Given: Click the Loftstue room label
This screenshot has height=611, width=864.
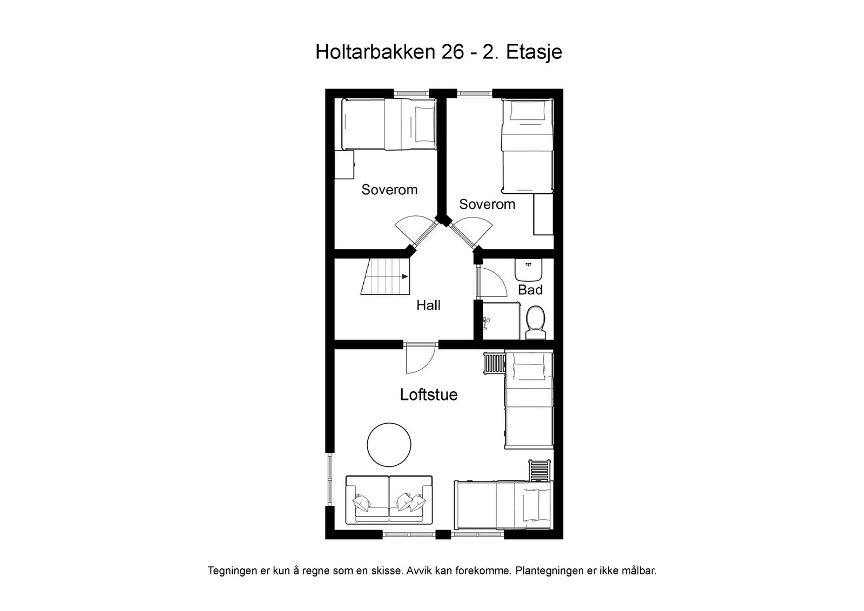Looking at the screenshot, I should click(428, 395).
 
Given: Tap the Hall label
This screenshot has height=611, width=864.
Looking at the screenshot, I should click(428, 305).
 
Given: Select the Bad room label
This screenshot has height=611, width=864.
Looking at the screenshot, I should click(530, 290).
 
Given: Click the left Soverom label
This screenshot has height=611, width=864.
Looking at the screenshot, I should click(389, 189).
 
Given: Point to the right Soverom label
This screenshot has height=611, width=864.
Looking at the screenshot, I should click(487, 204).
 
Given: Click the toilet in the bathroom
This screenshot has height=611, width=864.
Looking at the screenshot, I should click(535, 322).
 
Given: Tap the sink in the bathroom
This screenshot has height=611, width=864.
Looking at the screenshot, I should click(528, 268).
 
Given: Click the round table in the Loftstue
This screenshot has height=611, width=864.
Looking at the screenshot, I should click(389, 444).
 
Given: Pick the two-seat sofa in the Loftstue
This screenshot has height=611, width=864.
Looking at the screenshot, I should click(389, 499).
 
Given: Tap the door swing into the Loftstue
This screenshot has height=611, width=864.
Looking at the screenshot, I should click(420, 358).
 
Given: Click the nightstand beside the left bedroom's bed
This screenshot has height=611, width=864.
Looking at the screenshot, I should click(343, 165).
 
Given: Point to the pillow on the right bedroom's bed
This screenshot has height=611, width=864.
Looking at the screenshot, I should click(528, 111).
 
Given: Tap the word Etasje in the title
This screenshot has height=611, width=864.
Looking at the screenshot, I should click(534, 52).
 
